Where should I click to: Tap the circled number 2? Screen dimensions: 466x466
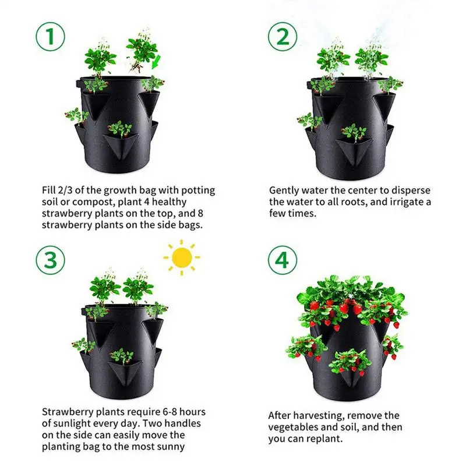(283, 37)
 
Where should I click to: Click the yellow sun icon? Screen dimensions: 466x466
(182, 257)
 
